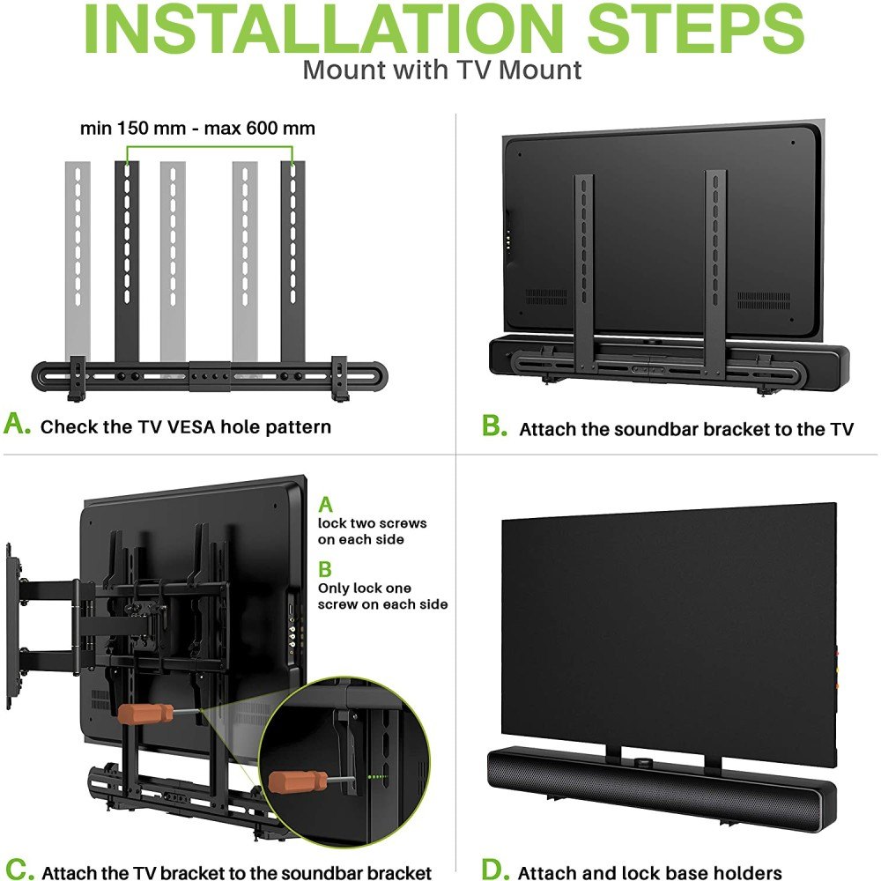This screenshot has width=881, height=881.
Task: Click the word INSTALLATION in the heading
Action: [323, 28]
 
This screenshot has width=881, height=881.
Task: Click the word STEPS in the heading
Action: [696, 28]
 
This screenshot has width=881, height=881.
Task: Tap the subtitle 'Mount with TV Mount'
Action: [441, 70]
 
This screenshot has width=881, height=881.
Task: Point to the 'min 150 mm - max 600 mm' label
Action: [197, 128]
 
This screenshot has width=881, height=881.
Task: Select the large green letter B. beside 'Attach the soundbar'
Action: [494, 426]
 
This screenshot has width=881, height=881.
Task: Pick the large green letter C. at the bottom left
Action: [19, 869]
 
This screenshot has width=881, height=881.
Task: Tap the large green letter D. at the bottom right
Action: [495, 869]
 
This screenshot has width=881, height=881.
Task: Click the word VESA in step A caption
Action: [191, 427]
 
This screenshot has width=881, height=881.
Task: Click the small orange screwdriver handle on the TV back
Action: [145, 714]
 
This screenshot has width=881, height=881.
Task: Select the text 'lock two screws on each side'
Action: [372, 531]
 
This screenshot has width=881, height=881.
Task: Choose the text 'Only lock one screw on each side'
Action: [382, 596]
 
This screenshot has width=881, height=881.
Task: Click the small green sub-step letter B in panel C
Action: [325, 569]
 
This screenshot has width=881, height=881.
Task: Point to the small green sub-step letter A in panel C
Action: [325, 505]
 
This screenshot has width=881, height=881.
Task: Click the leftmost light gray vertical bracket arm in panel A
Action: [78, 262]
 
